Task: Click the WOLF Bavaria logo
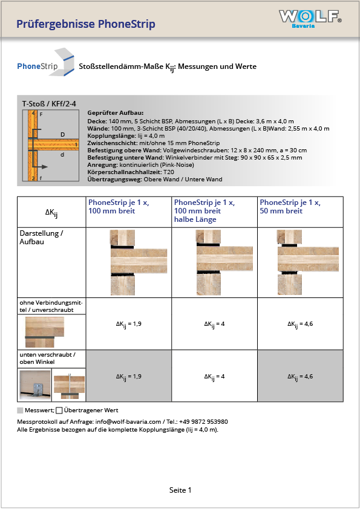pos(310,19)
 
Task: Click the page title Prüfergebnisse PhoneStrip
pos(86,24)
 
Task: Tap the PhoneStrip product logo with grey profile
pos(46,62)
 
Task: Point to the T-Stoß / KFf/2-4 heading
pos(49,104)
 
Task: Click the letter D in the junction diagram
pos(63,134)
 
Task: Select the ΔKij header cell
pos(51,212)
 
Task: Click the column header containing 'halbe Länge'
pos(214,212)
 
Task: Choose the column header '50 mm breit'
pos(300,212)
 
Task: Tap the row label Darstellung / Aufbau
pos(41,238)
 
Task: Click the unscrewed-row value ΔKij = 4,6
pos(300,324)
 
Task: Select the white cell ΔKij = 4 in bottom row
pos(214,376)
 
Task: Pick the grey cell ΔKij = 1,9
pos(129,376)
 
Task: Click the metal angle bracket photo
pos(35,385)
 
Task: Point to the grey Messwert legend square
pos(20,410)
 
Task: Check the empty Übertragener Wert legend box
pos(59,410)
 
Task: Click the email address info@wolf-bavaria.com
pos(128,422)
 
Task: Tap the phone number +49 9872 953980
pos(203,422)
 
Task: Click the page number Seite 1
pos(180,490)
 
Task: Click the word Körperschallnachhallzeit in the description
pos(124,172)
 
